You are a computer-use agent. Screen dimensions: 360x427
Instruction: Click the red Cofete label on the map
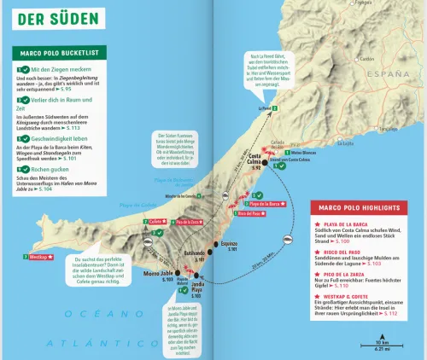click(x=156, y=222)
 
